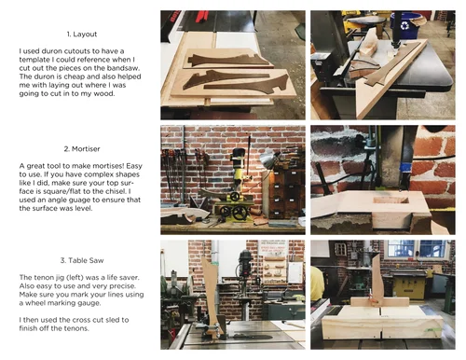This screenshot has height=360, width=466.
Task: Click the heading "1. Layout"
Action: click(82, 35)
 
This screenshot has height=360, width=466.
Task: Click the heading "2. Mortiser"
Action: click(82, 149)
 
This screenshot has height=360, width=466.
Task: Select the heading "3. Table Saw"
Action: click(82, 260)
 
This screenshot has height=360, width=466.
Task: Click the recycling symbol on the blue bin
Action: click(404, 25)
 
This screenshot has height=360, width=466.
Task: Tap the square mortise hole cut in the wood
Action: click(391, 200)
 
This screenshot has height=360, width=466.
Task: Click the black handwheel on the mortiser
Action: click(240, 214)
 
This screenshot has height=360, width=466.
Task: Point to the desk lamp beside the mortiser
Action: click(267, 159)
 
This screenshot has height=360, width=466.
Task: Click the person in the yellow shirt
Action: click(317, 284)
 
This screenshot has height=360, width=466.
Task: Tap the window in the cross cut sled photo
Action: click(417, 249)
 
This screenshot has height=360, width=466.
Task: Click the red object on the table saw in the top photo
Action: click(201, 16)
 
